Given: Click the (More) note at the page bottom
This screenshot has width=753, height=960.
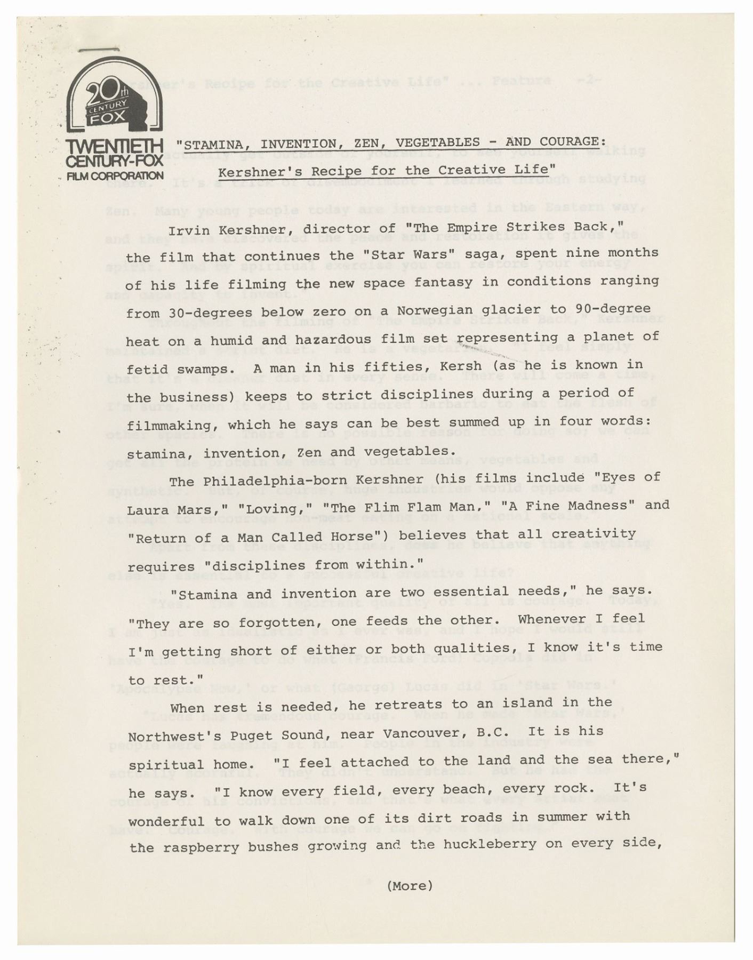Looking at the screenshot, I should coord(409,886).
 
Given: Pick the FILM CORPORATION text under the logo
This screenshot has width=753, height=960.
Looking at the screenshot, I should coord(115,175).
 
